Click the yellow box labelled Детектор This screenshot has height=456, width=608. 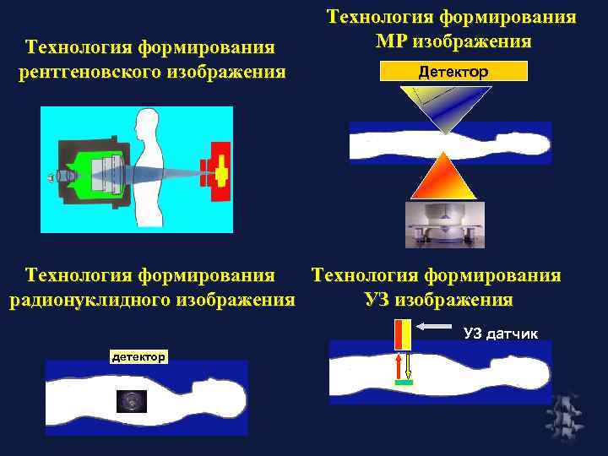pyautogui.click(x=453, y=73)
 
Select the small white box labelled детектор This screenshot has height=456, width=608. pyautogui.click(x=139, y=357)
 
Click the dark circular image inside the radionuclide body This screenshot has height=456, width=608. pyautogui.click(x=132, y=401)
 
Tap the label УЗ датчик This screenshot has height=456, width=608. pyautogui.click(x=500, y=334)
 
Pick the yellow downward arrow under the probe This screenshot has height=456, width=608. pyautogui.click(x=408, y=366)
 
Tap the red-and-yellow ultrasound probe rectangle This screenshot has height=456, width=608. pyautogui.click(x=402, y=335)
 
